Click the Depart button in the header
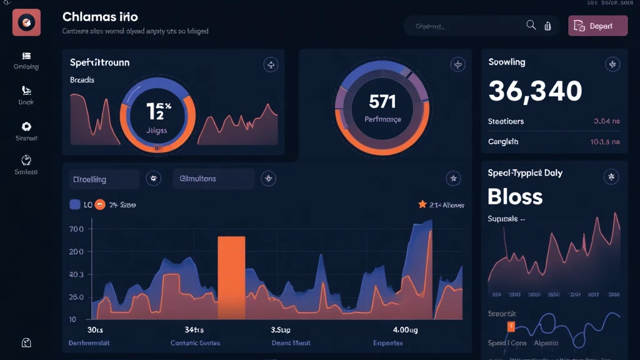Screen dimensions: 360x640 click(597, 26)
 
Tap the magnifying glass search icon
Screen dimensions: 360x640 click(531, 25)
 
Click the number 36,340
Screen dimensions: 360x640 click(535, 91)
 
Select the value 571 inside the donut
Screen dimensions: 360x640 click(382, 100)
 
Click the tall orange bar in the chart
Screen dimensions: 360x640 click(231, 277)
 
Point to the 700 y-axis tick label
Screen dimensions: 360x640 click(76, 229)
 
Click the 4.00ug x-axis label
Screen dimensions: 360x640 click(387, 329)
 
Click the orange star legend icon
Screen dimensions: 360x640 click(422, 204)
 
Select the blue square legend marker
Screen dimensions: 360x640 click(74, 204)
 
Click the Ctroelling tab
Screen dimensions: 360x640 click(103, 179)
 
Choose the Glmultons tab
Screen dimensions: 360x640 click(213, 179)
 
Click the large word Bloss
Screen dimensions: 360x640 click(515, 196)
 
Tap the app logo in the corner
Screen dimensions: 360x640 click(26, 22)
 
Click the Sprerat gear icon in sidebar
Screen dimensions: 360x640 click(26, 126)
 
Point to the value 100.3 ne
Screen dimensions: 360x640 click(604, 142)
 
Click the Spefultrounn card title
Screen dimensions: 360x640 click(100, 63)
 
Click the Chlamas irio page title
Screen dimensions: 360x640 click(100, 17)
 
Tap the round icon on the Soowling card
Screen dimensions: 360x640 click(612, 64)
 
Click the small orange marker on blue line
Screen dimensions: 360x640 click(511, 326)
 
